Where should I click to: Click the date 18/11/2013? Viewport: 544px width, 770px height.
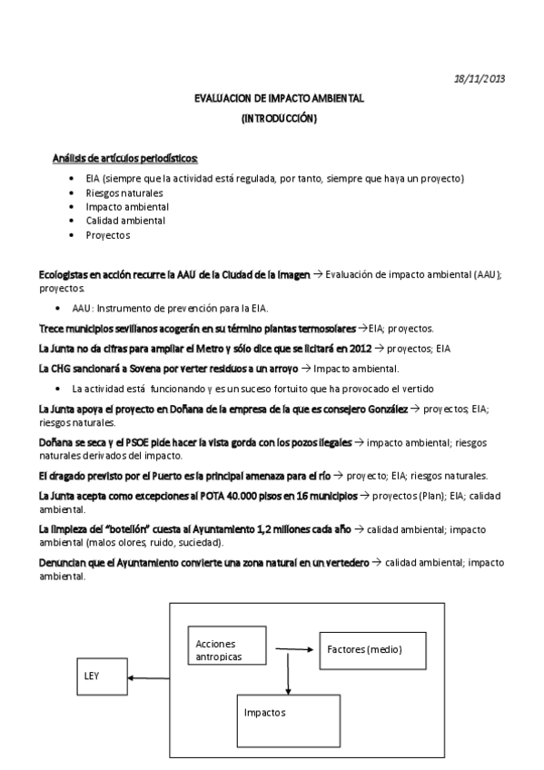click(x=480, y=79)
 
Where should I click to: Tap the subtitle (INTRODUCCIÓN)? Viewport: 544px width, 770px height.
click(x=279, y=118)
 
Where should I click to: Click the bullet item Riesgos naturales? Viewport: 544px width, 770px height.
click(x=124, y=192)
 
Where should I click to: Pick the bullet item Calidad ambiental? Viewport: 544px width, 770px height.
click(x=125, y=221)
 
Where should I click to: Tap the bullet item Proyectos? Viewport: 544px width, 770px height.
click(x=108, y=235)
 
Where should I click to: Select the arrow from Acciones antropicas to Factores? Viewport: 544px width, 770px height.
click(x=296, y=648)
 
